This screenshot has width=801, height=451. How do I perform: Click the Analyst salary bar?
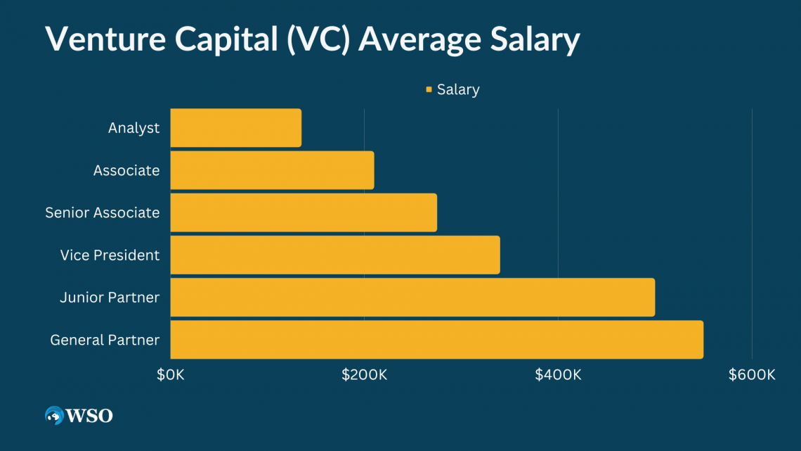coord(235,128)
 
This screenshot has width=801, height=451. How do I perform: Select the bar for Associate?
coord(272,170)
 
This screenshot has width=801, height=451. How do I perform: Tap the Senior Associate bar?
coord(304,212)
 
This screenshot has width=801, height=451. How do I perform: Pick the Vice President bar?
coord(335,255)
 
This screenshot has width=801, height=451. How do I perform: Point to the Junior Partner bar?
coord(412,297)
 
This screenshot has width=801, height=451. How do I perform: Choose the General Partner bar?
coord(436,339)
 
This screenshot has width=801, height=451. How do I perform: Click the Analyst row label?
coord(133,128)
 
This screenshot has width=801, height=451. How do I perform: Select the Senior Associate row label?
coord(103,212)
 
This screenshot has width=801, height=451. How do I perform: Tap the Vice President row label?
coord(110,255)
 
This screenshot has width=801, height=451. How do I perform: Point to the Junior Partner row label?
coord(110,298)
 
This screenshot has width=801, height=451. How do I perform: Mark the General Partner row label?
coord(105,340)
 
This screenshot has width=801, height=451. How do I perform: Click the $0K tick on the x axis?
coord(171,374)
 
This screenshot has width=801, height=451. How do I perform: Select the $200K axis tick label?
coord(364,374)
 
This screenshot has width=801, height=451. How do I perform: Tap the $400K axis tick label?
coord(558,374)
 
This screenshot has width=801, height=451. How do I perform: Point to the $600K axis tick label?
coord(752,374)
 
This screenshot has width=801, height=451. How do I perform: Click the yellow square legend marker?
coord(429,89)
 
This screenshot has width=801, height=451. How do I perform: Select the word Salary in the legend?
coord(458,89)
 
